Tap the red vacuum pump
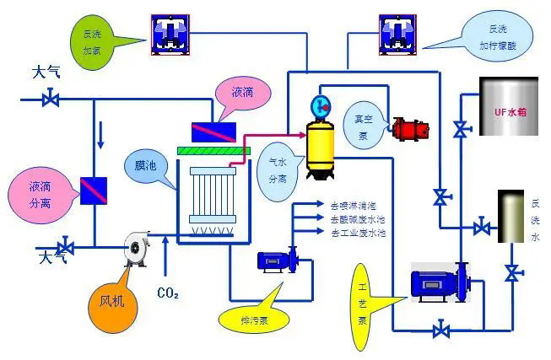coord(409,128)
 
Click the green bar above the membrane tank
coord(215,151)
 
